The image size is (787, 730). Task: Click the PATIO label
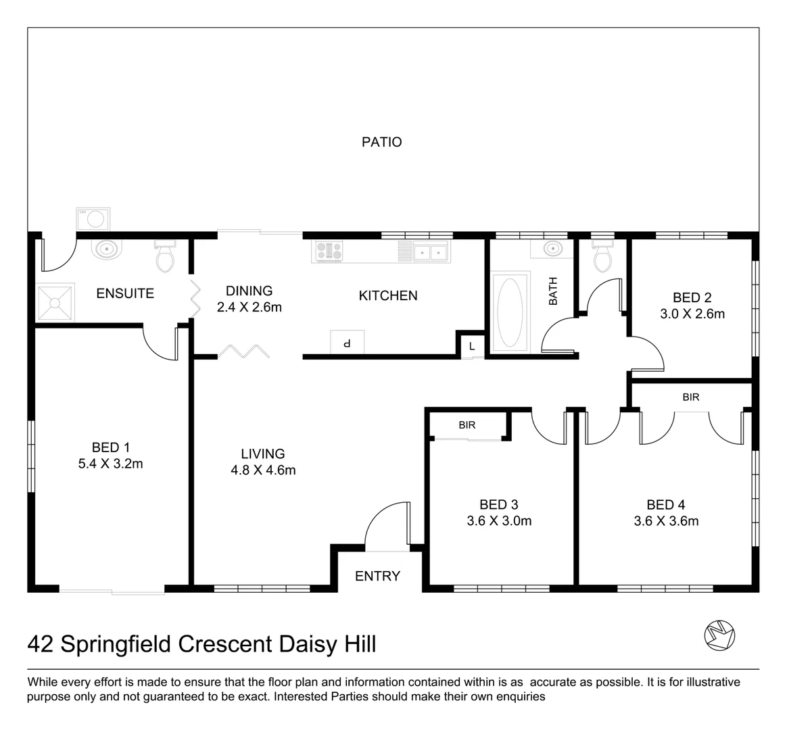[381, 142]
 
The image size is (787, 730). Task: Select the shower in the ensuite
[54, 303]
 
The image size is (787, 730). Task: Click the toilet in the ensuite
[165, 255]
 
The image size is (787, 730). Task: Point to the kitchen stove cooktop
[329, 251]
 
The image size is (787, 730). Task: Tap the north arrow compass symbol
[719, 635]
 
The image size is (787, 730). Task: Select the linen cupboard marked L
[472, 347]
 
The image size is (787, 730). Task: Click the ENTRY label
[377, 576]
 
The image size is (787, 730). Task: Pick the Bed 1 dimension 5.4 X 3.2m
[111, 464]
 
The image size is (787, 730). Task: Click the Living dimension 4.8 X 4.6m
[263, 470]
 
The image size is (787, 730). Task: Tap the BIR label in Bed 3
[467, 425]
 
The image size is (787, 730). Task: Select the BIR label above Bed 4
[690, 397]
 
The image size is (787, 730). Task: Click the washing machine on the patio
[94, 219]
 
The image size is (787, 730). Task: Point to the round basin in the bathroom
[552, 249]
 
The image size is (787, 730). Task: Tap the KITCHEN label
[387, 295]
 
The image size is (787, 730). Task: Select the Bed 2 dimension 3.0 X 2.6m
[692, 314]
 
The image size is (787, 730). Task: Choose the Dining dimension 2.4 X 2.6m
[249, 308]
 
